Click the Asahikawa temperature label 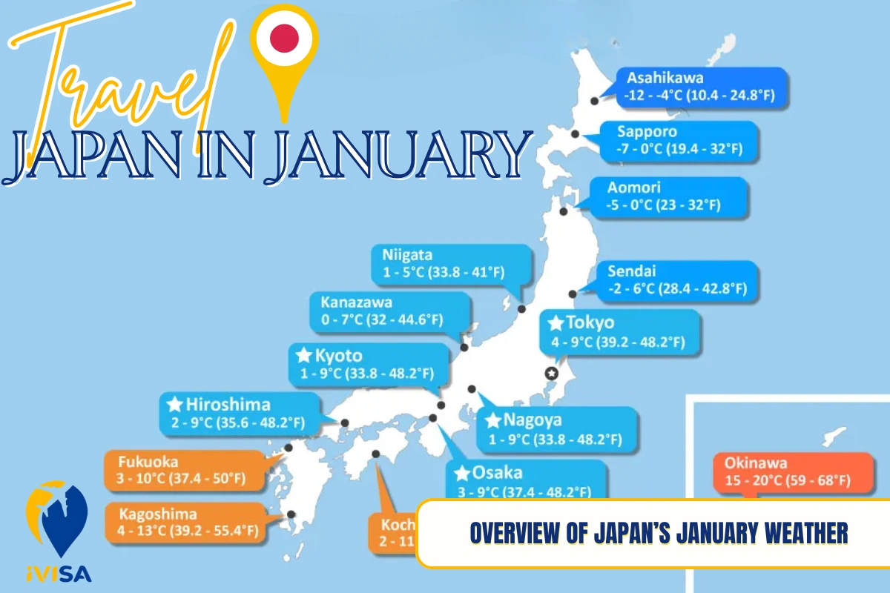pos(701,87)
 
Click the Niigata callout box pos(452,263)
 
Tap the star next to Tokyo pos(556,323)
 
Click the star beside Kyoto pos(303,356)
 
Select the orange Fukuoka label pos(186,471)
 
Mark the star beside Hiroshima pos(175,405)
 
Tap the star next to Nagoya pos(492,420)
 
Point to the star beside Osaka pos(461,473)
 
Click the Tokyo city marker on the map pos(551,373)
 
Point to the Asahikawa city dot pos(594,102)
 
